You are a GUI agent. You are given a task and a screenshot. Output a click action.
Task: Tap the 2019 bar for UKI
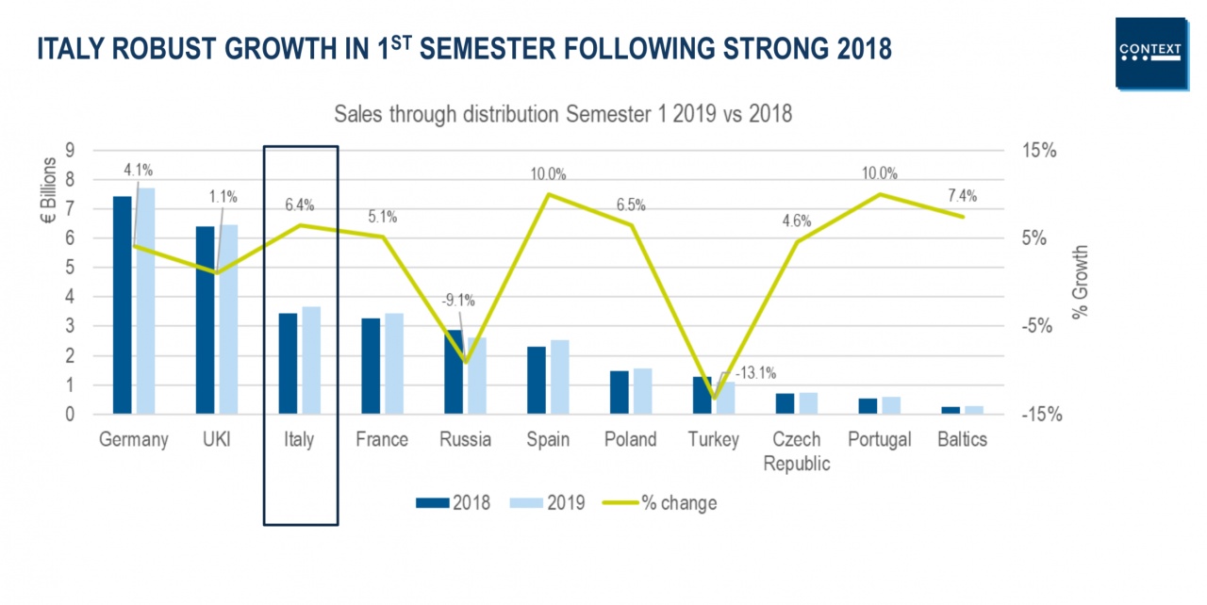click(228, 319)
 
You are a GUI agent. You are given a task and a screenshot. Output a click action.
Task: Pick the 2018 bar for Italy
click(288, 363)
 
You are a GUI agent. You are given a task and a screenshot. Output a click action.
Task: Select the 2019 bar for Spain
click(560, 376)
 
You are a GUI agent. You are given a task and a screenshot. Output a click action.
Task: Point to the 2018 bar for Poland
click(619, 392)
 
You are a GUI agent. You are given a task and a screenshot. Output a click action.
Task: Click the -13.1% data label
click(753, 373)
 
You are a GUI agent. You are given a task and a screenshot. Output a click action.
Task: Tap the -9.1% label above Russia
click(458, 301)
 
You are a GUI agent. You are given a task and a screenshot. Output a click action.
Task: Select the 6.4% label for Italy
click(299, 204)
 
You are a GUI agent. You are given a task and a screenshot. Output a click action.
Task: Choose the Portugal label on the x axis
click(879, 440)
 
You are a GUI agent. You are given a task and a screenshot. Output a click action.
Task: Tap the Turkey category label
click(714, 440)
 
